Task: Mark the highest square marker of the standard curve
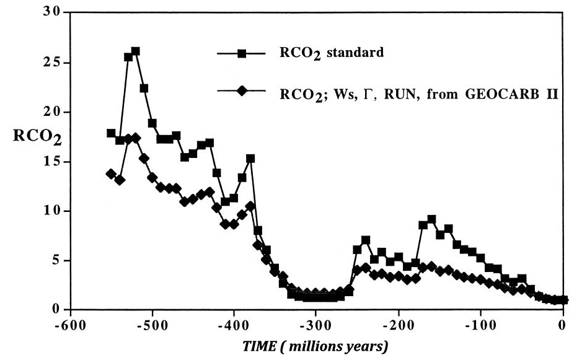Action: pyautogui.click(x=135, y=51)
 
